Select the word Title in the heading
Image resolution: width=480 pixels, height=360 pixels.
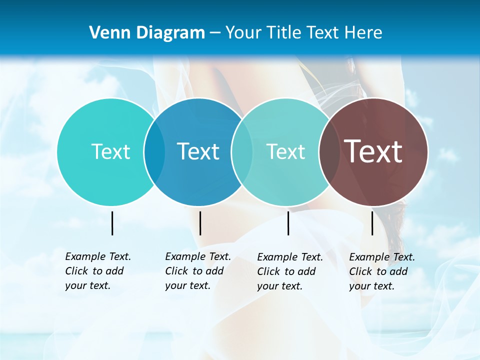283,33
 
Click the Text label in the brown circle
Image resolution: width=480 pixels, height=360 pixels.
373,151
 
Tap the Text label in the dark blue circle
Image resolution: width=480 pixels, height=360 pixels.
198,151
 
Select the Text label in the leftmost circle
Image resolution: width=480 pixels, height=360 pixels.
110,151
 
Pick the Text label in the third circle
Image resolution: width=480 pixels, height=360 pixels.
285,151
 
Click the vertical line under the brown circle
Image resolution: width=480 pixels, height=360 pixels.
372,223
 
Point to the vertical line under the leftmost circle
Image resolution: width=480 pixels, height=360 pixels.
112,223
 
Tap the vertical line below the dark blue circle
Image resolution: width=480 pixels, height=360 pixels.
200,223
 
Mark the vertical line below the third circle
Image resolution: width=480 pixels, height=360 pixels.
288,223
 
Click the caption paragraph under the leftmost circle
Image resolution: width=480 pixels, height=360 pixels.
97,271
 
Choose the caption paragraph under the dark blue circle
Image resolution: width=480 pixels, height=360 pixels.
197,271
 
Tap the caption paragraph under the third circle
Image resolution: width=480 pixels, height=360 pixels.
289,271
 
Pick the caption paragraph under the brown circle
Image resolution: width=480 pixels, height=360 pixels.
381,271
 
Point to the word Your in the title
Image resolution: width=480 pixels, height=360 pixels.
243,33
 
